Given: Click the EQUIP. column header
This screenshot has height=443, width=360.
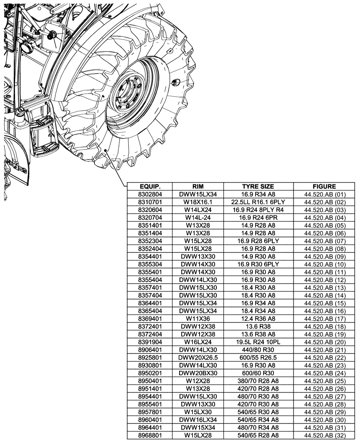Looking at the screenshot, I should click(x=149, y=187).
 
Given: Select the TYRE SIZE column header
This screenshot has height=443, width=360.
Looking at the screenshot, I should click(x=258, y=187).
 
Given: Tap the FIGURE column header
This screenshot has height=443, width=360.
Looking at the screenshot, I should click(x=324, y=187).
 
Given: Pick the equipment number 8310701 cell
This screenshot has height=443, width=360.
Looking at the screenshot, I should click(x=149, y=202).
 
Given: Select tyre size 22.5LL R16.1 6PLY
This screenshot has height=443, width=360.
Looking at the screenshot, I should click(x=258, y=202).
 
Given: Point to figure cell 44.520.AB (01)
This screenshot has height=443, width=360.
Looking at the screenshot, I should click(x=324, y=194).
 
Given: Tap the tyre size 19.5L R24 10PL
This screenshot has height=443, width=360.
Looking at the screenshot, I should click(x=258, y=342).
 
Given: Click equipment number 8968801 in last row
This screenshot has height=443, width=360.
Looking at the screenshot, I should click(x=149, y=435).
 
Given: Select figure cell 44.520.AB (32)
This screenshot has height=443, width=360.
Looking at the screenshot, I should click(x=324, y=435).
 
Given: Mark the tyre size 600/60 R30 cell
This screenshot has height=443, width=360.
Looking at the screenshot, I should click(x=258, y=373).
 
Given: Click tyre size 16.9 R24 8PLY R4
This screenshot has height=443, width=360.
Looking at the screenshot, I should click(x=258, y=210).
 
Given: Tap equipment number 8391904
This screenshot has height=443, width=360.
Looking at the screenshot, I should click(x=149, y=342).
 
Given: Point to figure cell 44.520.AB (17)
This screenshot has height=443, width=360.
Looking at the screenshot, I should click(x=324, y=319).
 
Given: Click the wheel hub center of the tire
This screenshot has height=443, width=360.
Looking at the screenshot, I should click(x=129, y=96).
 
